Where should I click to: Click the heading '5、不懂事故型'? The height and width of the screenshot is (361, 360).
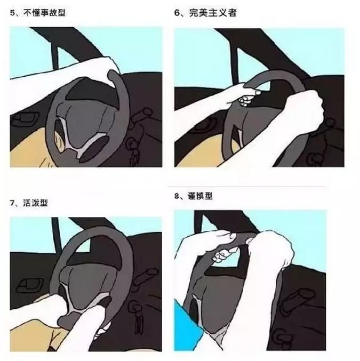(x=37, y=12)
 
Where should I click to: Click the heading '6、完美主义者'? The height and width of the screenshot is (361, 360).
(x=205, y=12)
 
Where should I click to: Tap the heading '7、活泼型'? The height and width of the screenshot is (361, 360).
(x=29, y=203)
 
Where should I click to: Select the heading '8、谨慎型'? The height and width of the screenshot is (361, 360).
(x=193, y=196)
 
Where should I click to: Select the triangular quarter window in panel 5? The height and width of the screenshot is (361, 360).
(x=63, y=57)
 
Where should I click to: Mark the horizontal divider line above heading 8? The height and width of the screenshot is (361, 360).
(x=246, y=186)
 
